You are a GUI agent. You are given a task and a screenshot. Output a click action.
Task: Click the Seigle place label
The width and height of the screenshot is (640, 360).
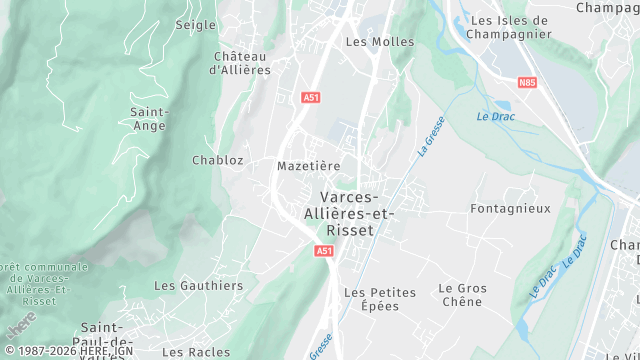click(x=195, y=24)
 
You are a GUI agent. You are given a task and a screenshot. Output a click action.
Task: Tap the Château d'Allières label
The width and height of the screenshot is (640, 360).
click(x=240, y=63)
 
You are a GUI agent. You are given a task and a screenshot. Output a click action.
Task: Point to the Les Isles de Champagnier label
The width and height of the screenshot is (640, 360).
click(x=510, y=27)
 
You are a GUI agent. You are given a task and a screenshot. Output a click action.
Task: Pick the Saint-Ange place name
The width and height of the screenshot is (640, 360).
click(x=148, y=119)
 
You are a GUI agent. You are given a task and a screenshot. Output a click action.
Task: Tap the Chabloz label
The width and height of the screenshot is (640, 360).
click(x=217, y=160)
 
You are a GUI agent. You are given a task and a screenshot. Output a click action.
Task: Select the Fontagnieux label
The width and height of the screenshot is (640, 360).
click(x=510, y=209)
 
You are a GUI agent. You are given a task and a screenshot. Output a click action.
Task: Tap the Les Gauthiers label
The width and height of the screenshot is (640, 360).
click(x=198, y=285)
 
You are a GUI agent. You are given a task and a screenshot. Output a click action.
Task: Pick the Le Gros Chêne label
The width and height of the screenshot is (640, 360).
click(x=462, y=295)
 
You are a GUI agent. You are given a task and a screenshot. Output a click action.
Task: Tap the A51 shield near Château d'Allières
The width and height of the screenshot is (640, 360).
click(x=310, y=98)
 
